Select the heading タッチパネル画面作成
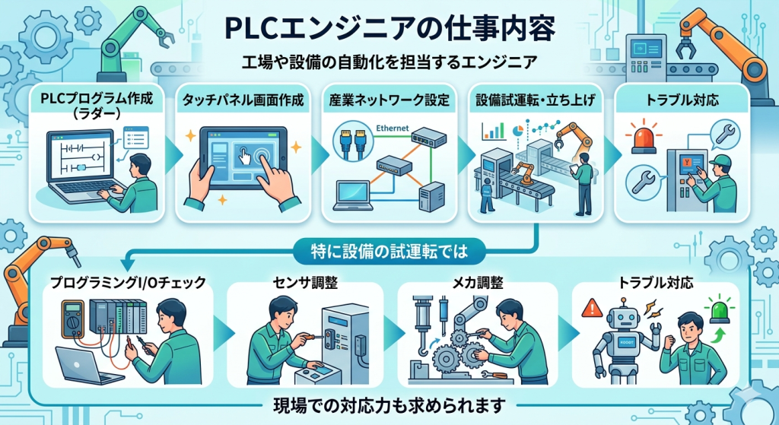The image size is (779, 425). (243, 100)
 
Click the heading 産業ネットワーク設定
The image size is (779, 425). (389, 100)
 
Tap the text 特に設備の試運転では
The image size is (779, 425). (389, 248)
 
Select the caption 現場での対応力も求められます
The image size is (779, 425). (389, 403)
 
